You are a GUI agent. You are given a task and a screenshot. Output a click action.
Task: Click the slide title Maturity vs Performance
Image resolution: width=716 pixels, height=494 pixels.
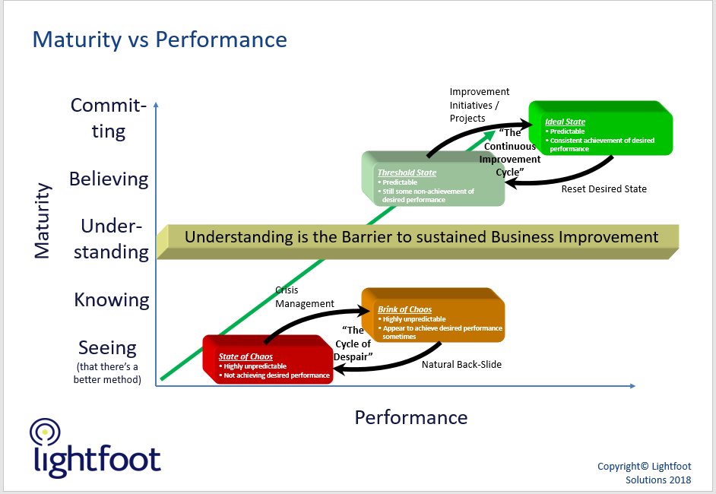[160, 40]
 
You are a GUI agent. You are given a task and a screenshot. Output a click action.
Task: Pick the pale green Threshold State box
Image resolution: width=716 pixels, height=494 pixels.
[432, 183]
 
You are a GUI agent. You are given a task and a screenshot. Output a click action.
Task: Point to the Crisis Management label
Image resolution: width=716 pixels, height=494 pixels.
[304, 296]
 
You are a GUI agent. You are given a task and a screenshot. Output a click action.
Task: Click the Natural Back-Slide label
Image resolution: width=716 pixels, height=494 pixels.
[461, 364]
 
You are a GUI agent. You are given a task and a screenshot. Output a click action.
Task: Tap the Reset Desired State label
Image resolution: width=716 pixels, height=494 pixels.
[604, 188]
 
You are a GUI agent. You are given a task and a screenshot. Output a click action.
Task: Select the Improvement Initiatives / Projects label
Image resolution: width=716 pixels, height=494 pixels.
[479, 105]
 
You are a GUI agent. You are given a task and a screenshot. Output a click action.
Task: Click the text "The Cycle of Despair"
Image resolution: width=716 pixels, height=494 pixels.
[355, 344]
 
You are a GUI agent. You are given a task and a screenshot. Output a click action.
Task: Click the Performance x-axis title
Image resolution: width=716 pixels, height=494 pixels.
[410, 417]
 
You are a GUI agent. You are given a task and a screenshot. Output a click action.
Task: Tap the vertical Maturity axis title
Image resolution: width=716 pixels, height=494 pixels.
[43, 220]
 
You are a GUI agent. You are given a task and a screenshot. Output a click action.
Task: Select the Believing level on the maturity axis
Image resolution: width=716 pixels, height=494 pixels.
[109, 179]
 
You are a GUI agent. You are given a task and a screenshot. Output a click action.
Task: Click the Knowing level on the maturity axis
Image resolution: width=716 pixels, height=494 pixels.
[112, 299]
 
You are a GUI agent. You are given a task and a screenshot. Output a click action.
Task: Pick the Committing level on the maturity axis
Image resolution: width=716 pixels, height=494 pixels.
[109, 118]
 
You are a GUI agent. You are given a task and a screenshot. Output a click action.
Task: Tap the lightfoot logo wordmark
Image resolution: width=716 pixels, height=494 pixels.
[97, 461]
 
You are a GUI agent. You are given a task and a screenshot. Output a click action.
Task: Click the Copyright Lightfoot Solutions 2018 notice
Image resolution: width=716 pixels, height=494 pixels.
[645, 473]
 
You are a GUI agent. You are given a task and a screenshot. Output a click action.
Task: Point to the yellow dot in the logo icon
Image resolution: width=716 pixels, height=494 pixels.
[45, 431]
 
